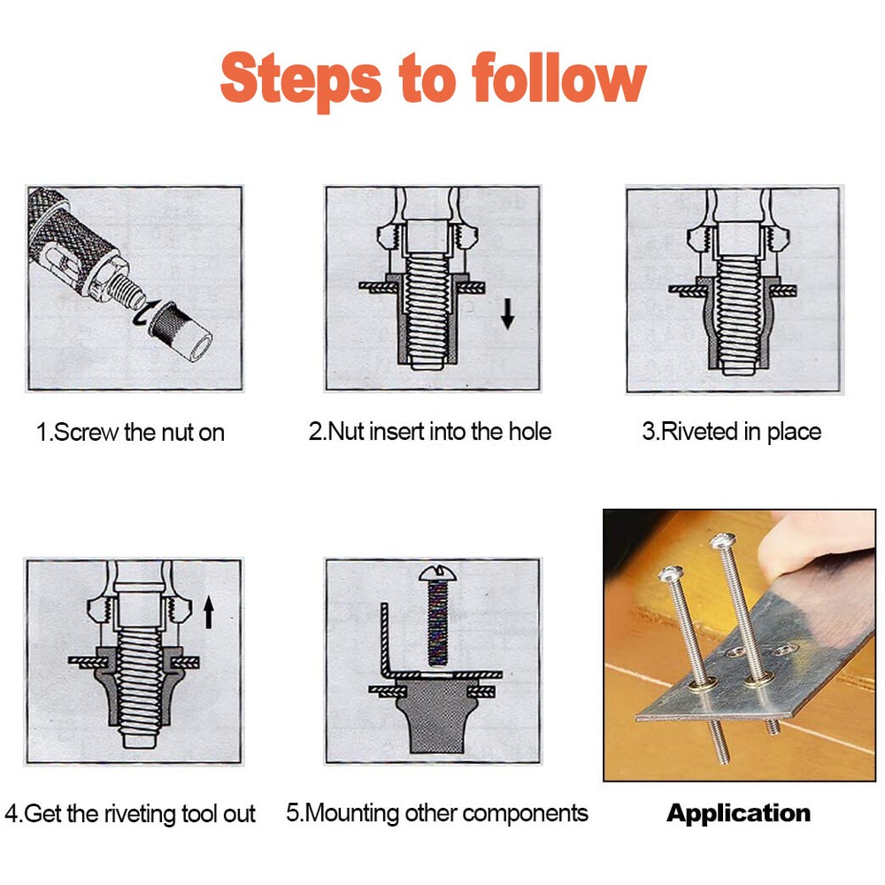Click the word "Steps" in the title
click(x=301, y=78)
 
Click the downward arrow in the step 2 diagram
click(x=507, y=314)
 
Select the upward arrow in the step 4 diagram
click(x=209, y=612)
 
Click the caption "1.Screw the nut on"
click(x=130, y=433)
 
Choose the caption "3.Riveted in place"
click(x=731, y=432)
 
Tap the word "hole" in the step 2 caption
click(x=529, y=432)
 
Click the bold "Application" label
click(x=738, y=813)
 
